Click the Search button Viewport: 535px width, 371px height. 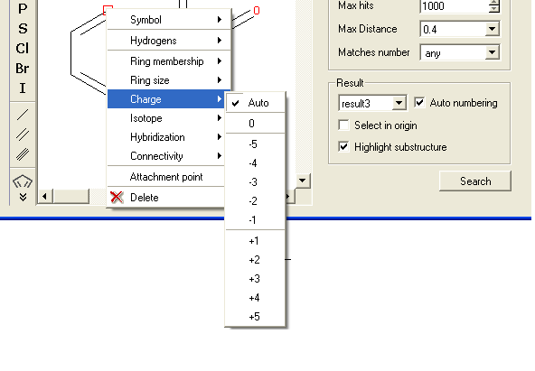click(x=475, y=181)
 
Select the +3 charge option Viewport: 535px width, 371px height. click(x=255, y=279)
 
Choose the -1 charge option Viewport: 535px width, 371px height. click(x=253, y=219)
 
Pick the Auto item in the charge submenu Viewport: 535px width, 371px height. click(x=255, y=103)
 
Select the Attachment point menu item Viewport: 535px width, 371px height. click(x=165, y=176)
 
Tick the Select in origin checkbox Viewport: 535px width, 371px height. click(x=343, y=125)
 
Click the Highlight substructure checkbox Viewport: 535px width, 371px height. click(x=343, y=146)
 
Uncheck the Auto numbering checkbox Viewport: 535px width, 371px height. click(x=419, y=102)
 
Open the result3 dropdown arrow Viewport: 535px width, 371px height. click(x=399, y=103)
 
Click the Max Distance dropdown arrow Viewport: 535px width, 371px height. click(x=492, y=29)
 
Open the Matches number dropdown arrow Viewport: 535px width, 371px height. click(x=492, y=52)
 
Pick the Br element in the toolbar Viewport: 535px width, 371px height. click(x=23, y=69)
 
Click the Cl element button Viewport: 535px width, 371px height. click(x=23, y=49)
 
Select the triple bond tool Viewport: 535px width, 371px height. click(x=23, y=154)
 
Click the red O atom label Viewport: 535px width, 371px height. click(x=257, y=11)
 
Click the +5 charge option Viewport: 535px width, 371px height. click(x=255, y=317)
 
